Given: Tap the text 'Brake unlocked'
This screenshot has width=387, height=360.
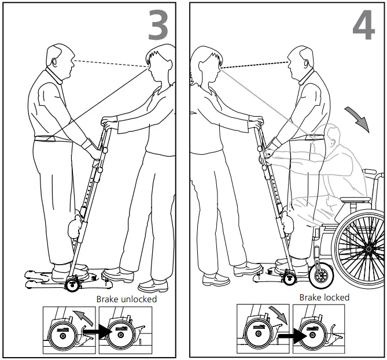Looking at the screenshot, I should [x=127, y=299].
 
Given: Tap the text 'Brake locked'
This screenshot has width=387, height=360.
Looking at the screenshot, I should [x=324, y=298].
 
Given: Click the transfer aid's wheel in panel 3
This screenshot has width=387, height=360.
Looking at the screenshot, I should [x=73, y=283].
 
